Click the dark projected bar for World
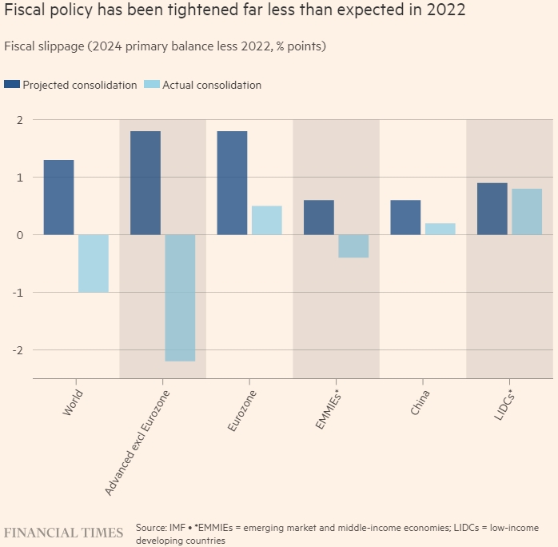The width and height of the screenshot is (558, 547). click(58, 197)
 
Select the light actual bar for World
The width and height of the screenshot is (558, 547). click(94, 263)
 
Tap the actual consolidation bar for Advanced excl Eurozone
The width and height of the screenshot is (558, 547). click(180, 297)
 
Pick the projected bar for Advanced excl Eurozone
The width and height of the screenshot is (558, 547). click(145, 182)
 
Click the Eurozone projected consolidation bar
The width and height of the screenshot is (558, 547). click(232, 182)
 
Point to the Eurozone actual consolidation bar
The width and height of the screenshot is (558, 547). click(267, 220)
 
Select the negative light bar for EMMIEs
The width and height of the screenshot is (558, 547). click(353, 246)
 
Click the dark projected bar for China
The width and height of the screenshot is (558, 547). click(405, 217)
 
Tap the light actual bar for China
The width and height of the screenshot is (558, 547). click(440, 229)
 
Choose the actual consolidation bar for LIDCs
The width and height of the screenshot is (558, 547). click(527, 211)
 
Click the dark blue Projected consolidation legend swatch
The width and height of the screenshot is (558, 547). click(12, 85)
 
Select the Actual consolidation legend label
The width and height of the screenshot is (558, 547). click(212, 85)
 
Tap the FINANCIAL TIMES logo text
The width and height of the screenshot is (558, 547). click(64, 533)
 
